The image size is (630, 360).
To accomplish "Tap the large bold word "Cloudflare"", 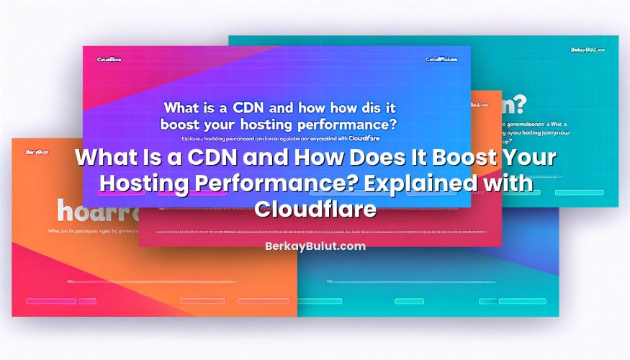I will coord(315,209).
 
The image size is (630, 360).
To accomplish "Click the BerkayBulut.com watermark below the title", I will coord(315,246).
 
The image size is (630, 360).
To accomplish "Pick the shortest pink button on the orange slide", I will coord(87,301).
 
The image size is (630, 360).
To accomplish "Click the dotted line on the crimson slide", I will coord(317,233).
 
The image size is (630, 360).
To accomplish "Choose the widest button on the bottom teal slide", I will coord(523,301).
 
